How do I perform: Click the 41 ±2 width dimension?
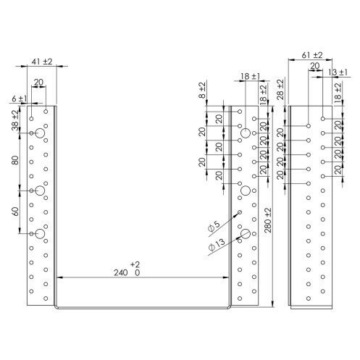tap(42, 62)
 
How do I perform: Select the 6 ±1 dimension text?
tap(20, 99)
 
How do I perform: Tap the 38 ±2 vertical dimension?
tap(15, 120)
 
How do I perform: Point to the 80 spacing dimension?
tap(15, 160)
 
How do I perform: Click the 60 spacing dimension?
tap(15, 212)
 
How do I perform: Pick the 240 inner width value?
tap(121, 273)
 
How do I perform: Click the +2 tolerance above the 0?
tap(135, 264)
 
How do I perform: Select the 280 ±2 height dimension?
tap(268, 220)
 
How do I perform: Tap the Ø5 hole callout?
tap(214, 226)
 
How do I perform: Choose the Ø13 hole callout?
tap(217, 244)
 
